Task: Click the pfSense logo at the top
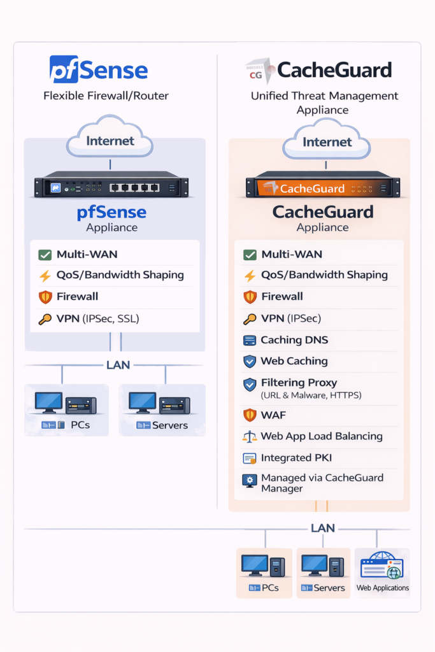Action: coord(99,69)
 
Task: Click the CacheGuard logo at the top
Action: coord(318,69)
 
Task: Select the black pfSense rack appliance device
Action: coord(111,187)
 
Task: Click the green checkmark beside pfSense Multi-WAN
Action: coord(45,255)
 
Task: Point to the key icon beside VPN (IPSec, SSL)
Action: coord(45,318)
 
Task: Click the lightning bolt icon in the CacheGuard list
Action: coord(250,276)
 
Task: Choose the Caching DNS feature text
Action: coord(294,340)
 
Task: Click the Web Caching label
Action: coord(294,361)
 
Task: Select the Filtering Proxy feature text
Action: coord(299,383)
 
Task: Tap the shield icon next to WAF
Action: coord(250,415)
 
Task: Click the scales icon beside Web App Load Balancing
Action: coord(250,437)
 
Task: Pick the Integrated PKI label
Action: coord(296,458)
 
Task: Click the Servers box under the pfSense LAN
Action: coord(162,410)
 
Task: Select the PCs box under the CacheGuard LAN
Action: coord(264,572)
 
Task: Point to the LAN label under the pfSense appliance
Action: coord(118,365)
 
